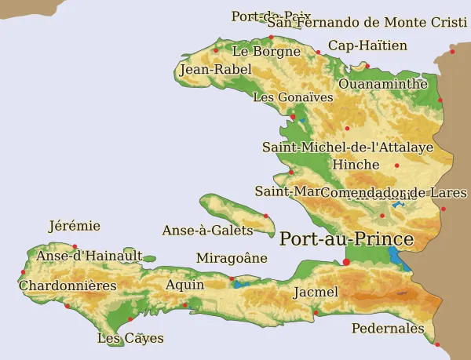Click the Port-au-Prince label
346,239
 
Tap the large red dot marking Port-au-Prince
346,261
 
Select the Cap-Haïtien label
367,45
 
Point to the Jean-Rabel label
215,70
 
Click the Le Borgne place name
266,51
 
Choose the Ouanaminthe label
383,83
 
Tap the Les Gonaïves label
293,97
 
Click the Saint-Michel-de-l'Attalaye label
348,147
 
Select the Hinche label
356,165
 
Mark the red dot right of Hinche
397,165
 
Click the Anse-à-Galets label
207,230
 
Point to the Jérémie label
75,226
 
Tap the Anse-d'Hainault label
89,256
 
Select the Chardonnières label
68,285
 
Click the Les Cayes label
130,338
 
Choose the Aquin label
184,285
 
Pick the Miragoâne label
232,258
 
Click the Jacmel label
315,293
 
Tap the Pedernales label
388,328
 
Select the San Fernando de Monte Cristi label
367,22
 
